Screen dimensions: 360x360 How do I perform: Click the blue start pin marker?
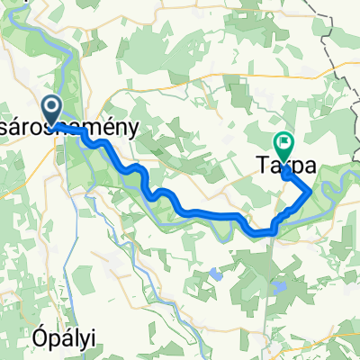(x=51, y=110)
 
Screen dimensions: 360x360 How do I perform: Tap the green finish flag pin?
(x=284, y=142)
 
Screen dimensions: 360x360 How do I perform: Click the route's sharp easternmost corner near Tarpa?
(x=311, y=191)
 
